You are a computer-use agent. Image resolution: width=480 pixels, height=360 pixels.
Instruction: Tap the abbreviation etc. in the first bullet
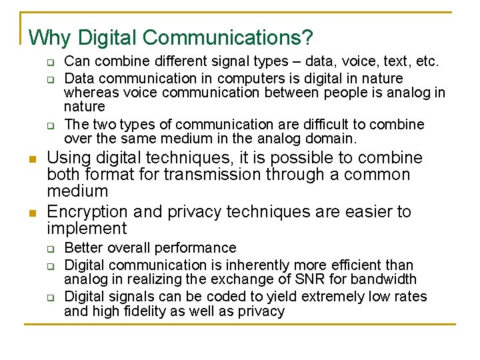(425, 62)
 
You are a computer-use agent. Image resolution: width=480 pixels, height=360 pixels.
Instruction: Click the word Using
(69, 159)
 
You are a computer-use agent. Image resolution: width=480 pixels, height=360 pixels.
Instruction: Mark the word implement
(87, 229)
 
